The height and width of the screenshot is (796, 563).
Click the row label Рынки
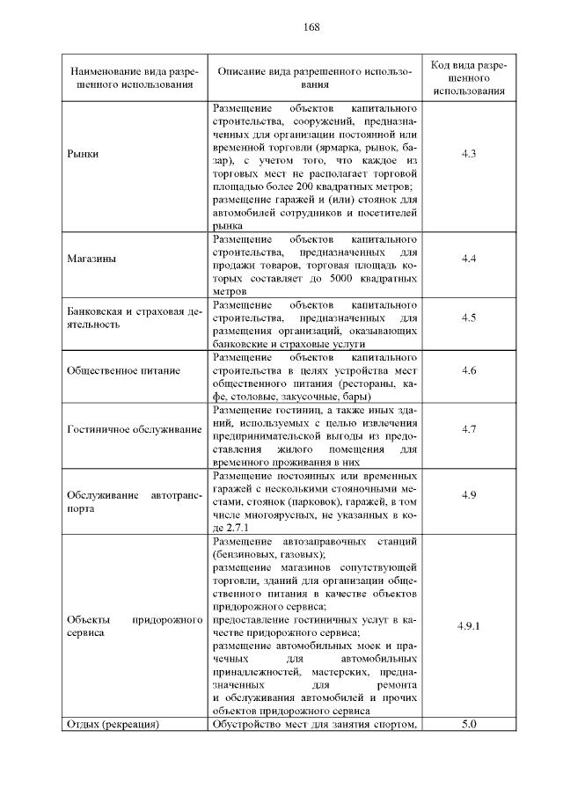tap(83, 155)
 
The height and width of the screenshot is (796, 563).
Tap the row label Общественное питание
tap(123, 370)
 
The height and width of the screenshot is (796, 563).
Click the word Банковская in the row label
tap(97, 311)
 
